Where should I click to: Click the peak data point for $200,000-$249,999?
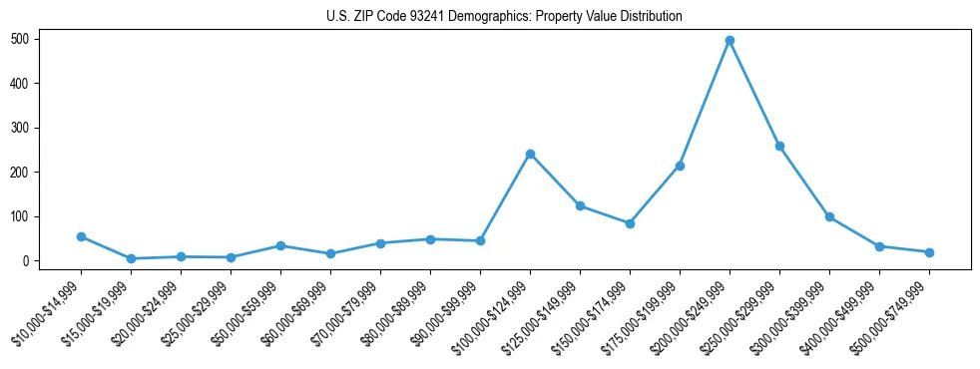point(730,41)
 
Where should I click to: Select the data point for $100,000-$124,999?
point(530,154)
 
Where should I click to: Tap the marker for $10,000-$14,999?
point(81,236)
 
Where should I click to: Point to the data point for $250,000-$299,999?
point(779,147)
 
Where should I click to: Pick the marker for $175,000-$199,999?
point(680,166)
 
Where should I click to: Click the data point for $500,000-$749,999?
point(929,252)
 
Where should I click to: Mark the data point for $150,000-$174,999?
point(630,223)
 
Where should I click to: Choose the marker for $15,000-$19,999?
point(131,258)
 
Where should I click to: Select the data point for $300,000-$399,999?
point(829,216)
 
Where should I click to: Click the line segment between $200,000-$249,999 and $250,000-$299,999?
point(754,94)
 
